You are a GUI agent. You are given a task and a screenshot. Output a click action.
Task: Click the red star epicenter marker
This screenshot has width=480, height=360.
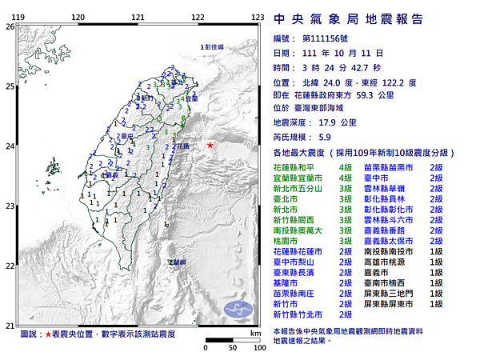pos(210,145)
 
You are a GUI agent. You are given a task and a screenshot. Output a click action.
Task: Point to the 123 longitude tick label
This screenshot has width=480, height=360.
pos(258,17)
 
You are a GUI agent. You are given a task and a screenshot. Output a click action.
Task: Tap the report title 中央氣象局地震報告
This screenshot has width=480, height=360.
pos(349,18)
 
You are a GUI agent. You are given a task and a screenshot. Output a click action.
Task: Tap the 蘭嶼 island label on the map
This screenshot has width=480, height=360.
pos(176,262)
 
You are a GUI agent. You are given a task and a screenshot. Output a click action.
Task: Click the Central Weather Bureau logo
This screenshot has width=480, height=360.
pos(240,308)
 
